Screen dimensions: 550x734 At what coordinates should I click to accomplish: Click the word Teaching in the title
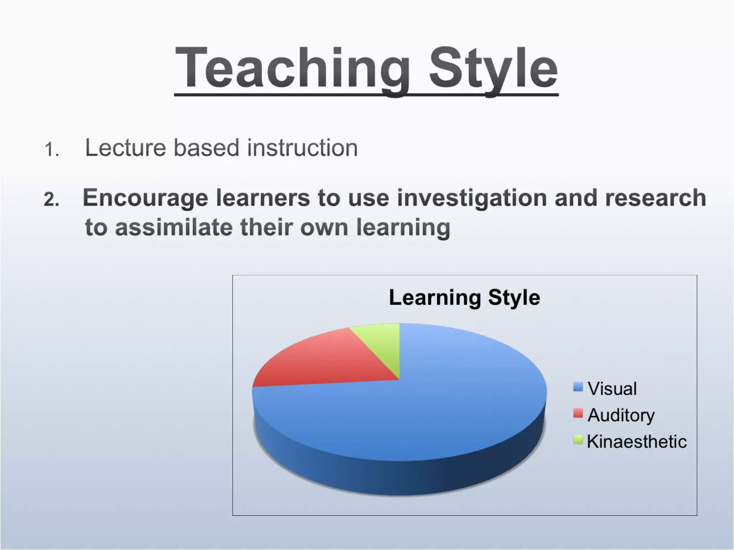pyautogui.click(x=292, y=68)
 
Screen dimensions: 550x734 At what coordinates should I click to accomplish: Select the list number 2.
pyautogui.click(x=51, y=199)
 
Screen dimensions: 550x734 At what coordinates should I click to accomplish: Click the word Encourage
pyautogui.click(x=145, y=198)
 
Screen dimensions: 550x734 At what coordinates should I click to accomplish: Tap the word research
pyautogui.click(x=656, y=198)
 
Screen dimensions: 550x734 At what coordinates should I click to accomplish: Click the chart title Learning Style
pyautogui.click(x=464, y=297)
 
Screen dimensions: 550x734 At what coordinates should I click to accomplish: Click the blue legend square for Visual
pyautogui.click(x=578, y=387)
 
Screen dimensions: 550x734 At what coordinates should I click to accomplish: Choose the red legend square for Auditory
pyautogui.click(x=578, y=413)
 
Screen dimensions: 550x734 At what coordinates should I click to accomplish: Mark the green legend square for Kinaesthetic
pyautogui.click(x=578, y=439)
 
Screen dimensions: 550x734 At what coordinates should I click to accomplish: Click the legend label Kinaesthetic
pyautogui.click(x=637, y=441)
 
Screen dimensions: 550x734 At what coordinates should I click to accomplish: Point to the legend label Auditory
pyautogui.click(x=621, y=415)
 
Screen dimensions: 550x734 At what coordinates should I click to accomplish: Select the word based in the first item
pyautogui.click(x=206, y=148)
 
